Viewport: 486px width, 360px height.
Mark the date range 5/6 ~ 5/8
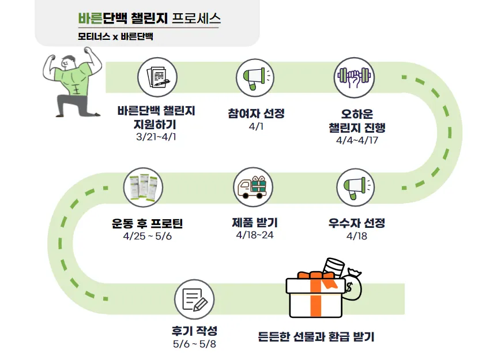click(x=194, y=344)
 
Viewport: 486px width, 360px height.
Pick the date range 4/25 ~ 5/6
click(x=147, y=236)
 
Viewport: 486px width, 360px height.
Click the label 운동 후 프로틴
click(x=147, y=223)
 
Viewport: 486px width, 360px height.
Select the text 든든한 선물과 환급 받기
click(x=316, y=336)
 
